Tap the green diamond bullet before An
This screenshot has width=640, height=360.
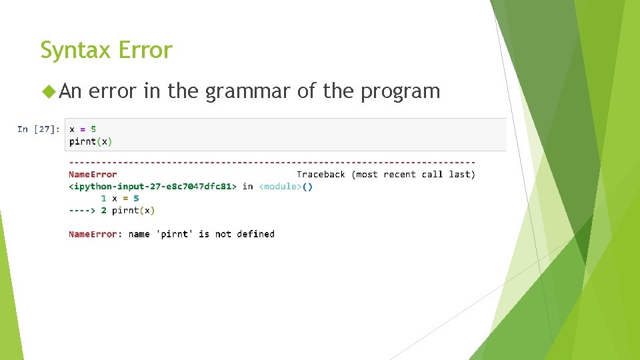(x=47, y=91)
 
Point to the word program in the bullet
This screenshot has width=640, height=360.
(x=400, y=91)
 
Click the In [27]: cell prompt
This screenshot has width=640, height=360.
(x=39, y=129)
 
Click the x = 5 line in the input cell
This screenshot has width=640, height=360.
(x=83, y=129)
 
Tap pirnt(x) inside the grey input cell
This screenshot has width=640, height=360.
(x=91, y=141)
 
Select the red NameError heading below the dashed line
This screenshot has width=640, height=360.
(x=93, y=175)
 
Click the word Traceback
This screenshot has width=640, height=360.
(x=321, y=175)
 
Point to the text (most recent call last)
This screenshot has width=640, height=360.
(x=413, y=175)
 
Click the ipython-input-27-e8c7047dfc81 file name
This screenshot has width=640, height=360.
(x=153, y=187)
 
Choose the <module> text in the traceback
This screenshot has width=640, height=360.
(x=280, y=187)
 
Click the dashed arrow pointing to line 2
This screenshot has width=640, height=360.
(x=82, y=211)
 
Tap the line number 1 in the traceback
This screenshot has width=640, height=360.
(x=103, y=199)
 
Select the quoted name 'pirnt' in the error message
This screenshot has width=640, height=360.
(x=174, y=234)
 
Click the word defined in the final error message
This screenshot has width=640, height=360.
(x=255, y=234)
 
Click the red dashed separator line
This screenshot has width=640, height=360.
(x=272, y=163)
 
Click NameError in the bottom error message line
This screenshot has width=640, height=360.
(x=93, y=234)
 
